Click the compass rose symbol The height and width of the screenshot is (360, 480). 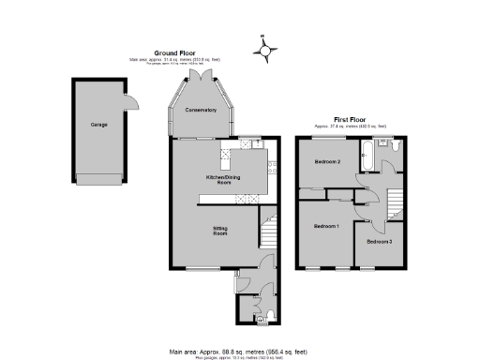click(x=264, y=51)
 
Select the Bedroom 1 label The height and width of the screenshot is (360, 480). click(x=326, y=227)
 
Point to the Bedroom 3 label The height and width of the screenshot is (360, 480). click(x=380, y=242)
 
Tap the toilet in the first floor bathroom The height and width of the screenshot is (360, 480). click(x=396, y=146)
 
